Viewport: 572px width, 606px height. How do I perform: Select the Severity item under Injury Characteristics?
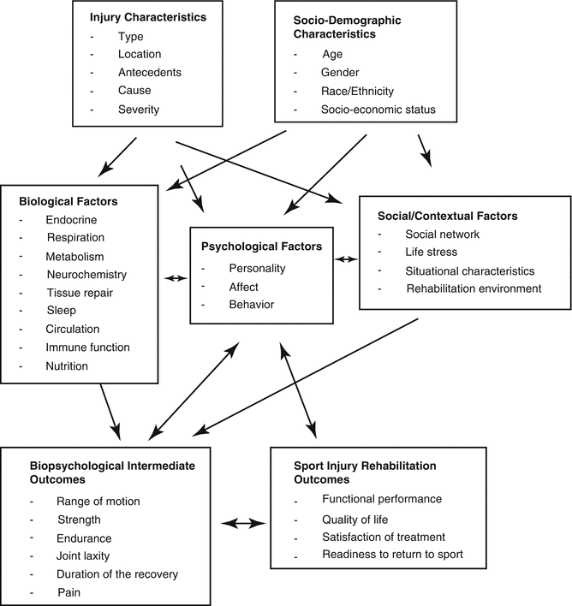point(139,110)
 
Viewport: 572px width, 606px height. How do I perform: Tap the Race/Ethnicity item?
point(358,92)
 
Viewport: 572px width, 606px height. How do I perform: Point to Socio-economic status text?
point(378,110)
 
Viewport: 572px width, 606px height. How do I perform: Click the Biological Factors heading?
point(68,201)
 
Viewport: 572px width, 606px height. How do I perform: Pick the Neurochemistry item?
point(86,275)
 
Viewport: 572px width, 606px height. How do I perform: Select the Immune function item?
point(87,348)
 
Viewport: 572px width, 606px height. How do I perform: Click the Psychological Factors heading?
point(261,247)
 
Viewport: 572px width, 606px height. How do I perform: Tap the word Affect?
point(244,287)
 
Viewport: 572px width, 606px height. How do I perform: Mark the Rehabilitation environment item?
point(474,288)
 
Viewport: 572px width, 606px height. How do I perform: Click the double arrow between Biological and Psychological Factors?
point(174,277)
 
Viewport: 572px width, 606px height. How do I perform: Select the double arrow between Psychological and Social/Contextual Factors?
point(346,258)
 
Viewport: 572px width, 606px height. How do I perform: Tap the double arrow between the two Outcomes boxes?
point(244,522)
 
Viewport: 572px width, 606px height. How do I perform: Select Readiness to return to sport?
point(392,554)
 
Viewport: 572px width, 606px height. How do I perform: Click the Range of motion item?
point(98,502)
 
